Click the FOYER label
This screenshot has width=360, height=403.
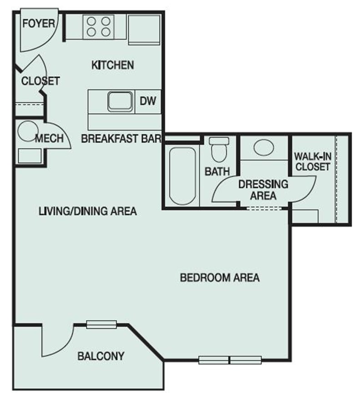(39, 24)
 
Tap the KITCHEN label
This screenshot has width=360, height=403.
(113, 65)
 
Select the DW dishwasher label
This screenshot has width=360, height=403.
(148, 101)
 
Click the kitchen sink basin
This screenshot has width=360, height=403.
(120, 101)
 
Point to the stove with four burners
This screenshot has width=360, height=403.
(99, 27)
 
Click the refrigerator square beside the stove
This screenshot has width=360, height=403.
(144, 30)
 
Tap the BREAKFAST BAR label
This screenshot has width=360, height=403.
(121, 139)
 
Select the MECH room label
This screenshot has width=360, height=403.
(49, 138)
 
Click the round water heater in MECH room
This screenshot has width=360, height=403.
(28, 131)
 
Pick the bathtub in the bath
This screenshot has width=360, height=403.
(183, 176)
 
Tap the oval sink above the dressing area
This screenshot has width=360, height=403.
(263, 147)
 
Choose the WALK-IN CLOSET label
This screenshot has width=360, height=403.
(313, 161)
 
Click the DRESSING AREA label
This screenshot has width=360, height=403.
(263, 190)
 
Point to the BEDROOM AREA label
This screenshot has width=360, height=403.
(220, 278)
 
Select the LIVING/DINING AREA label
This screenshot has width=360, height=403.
(88, 211)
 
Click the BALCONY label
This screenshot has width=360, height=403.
(101, 356)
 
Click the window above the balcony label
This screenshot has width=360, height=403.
(101, 325)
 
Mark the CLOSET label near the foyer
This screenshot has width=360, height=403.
(40, 81)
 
